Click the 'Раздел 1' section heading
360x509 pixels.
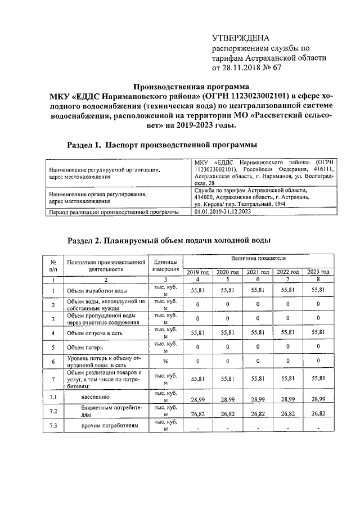[158, 144]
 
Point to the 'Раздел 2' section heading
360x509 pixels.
[169, 240]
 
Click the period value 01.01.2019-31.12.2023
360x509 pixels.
[223, 212]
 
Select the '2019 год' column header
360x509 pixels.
[197, 272]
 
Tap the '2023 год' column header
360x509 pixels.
[318, 272]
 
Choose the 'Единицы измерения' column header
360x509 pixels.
[165, 265]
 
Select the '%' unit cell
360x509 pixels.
[165, 363]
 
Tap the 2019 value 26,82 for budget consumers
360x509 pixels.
[197, 413]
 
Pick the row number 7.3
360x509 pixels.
[52, 426]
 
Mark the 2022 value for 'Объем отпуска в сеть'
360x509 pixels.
[287, 332]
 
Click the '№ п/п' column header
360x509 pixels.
[52, 265]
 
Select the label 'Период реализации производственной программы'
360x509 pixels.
[114, 212]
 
